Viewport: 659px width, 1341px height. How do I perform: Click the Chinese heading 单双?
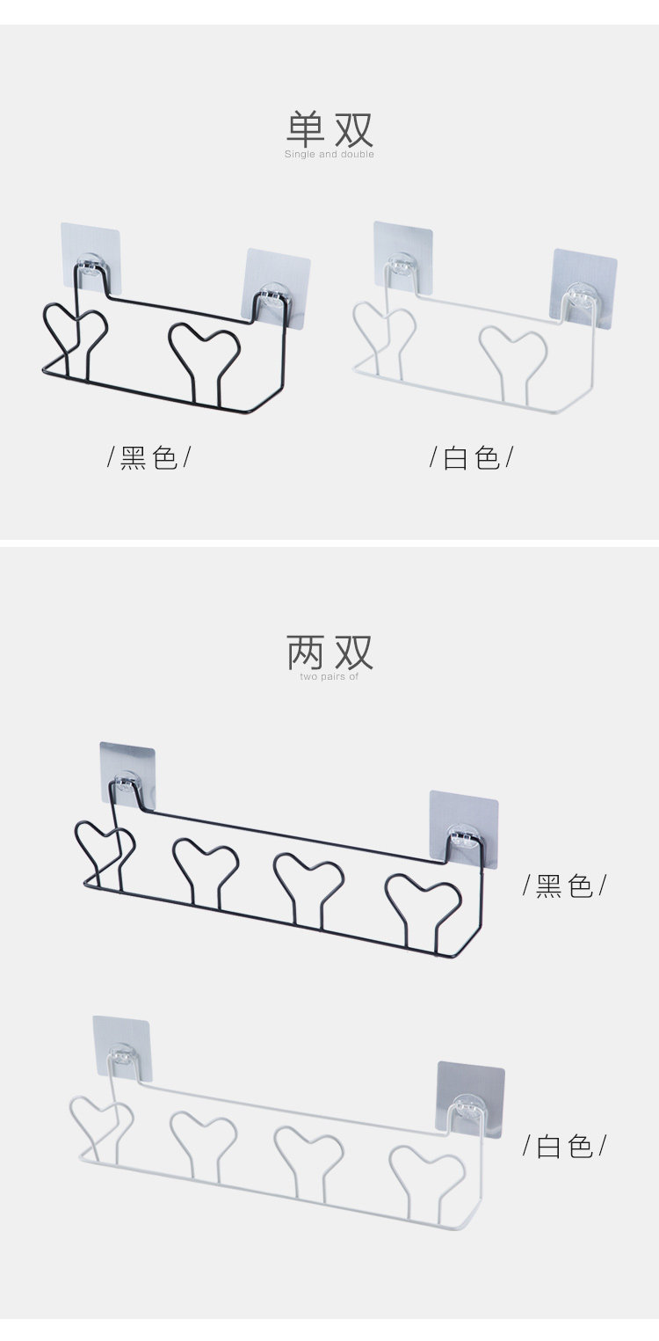(x=329, y=128)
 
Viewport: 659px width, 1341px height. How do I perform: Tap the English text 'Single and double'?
(x=329, y=155)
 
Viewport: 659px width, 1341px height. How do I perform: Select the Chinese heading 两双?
(x=329, y=652)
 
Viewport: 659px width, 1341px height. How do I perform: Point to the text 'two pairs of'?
(x=329, y=676)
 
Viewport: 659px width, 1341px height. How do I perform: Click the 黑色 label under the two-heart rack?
(x=149, y=457)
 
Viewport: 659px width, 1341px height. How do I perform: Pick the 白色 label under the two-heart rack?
(x=472, y=457)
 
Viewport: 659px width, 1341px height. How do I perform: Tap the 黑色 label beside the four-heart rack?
(x=564, y=885)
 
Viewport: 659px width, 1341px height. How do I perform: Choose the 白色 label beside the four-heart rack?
(x=564, y=1146)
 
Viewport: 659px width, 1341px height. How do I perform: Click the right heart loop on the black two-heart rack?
(x=205, y=346)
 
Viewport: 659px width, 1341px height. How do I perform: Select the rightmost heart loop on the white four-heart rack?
(x=426, y=1166)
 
